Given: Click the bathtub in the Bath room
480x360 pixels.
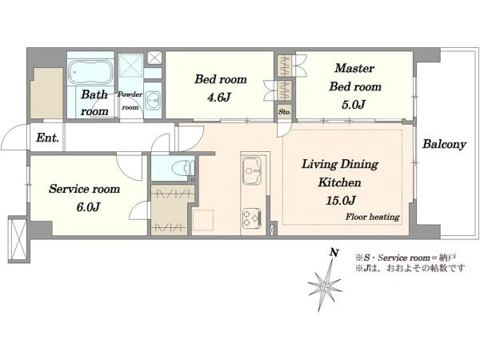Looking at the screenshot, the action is [x=90, y=72].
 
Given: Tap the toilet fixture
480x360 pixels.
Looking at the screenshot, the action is [x=182, y=168].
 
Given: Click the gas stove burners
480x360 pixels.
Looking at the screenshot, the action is [x=252, y=218].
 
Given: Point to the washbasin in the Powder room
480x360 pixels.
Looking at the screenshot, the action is [x=152, y=101].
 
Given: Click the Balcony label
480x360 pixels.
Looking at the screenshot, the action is [x=444, y=144].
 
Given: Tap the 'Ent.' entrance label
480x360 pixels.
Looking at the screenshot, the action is [x=47, y=138].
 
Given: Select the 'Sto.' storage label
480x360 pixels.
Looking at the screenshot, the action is [x=284, y=112].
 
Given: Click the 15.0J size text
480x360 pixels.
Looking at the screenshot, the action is [x=340, y=201].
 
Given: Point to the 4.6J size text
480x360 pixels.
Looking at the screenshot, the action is [x=219, y=98].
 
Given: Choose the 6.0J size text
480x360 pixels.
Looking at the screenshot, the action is [x=88, y=207].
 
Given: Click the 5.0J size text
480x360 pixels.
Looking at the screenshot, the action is [x=353, y=105].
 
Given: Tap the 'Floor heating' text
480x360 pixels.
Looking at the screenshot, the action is [x=373, y=217].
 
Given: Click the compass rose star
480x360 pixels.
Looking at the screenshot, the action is [x=324, y=287].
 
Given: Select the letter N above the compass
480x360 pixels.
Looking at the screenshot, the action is [x=334, y=253].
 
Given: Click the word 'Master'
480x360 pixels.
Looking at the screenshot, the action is [x=354, y=68].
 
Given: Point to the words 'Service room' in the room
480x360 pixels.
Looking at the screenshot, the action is [x=84, y=189].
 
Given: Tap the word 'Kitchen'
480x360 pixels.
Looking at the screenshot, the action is [x=339, y=182].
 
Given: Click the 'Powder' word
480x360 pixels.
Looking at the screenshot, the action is [x=130, y=94].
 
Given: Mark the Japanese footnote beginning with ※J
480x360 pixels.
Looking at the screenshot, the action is [x=410, y=269].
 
